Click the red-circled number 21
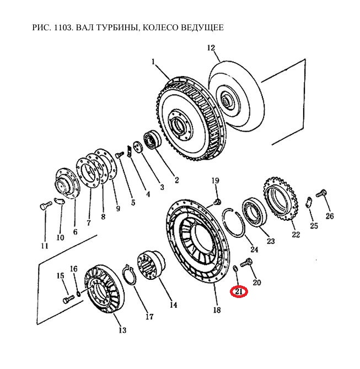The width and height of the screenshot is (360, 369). tap(239, 291)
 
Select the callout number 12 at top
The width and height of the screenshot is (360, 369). tap(211, 48)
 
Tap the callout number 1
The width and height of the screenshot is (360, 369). tap(154, 62)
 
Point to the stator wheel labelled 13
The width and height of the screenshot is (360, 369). tap(103, 290)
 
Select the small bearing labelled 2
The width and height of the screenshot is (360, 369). tap(151, 140)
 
